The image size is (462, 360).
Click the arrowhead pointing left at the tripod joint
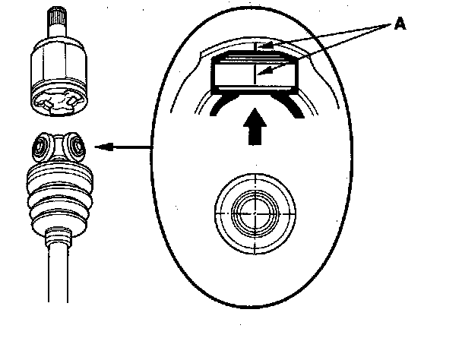(106, 147)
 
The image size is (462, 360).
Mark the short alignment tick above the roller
(250, 49)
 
